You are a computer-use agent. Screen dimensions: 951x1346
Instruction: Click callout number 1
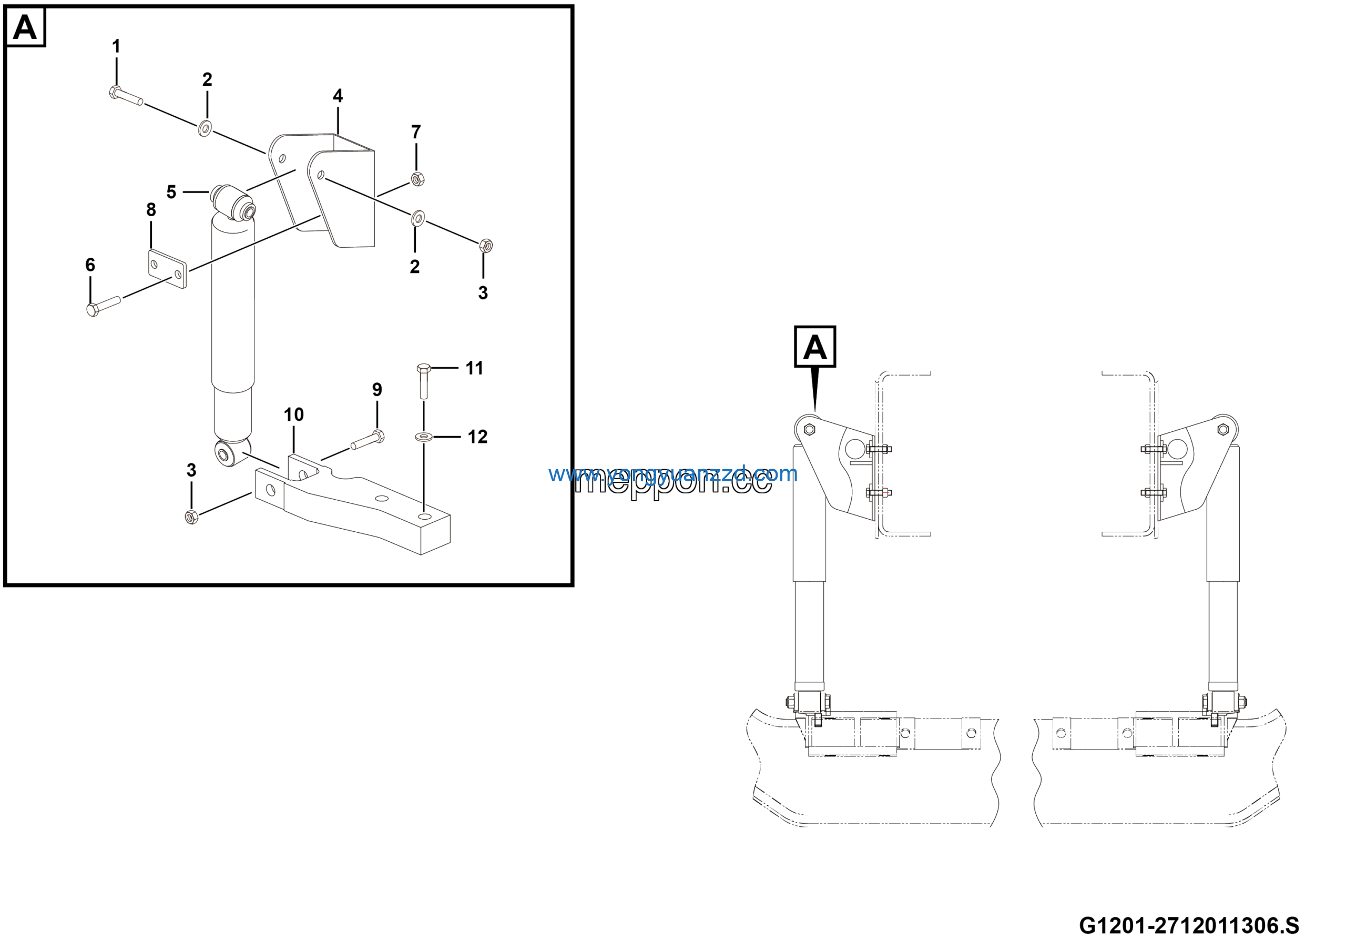pyautogui.click(x=116, y=46)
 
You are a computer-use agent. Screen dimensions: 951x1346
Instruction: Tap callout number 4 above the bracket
pyautogui.click(x=338, y=96)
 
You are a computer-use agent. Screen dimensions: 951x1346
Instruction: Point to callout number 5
pyautogui.click(x=171, y=191)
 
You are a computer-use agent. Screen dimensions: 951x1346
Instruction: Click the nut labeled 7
pyautogui.click(x=417, y=179)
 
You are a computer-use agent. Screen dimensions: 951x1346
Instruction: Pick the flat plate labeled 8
pyautogui.click(x=167, y=269)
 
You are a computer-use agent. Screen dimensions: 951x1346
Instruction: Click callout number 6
pyautogui.click(x=90, y=265)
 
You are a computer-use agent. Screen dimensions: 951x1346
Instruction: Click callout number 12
pyautogui.click(x=477, y=437)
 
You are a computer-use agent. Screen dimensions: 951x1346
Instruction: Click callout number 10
pyautogui.click(x=294, y=415)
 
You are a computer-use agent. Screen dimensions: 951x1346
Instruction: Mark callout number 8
pyautogui.click(x=151, y=210)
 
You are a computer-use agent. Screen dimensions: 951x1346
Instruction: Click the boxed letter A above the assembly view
pyautogui.click(x=814, y=347)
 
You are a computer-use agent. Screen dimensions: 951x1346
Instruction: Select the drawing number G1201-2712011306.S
pyautogui.click(x=1189, y=926)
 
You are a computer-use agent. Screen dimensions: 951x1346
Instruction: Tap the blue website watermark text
pyautogui.click(x=672, y=474)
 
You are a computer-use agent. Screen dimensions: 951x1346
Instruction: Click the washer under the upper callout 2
pyautogui.click(x=205, y=128)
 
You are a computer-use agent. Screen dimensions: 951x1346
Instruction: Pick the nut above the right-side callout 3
pyautogui.click(x=485, y=246)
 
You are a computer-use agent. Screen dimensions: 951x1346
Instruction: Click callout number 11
pyautogui.click(x=474, y=368)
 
